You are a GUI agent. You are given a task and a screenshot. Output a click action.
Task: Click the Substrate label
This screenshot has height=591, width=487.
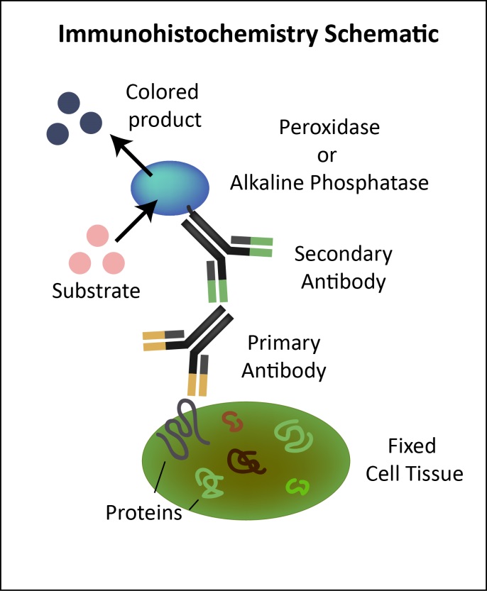pyautogui.click(x=96, y=290)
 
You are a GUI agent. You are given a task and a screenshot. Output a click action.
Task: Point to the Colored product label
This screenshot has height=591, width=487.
pyautogui.click(x=162, y=105)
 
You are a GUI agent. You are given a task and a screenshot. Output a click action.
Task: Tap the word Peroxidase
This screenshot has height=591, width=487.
pyautogui.click(x=329, y=130)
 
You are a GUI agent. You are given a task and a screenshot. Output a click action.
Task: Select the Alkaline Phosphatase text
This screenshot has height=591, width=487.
pyautogui.click(x=329, y=182)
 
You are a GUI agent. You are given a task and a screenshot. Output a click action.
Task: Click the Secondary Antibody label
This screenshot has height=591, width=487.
pyautogui.click(x=344, y=267)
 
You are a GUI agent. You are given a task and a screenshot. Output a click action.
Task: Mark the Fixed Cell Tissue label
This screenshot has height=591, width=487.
pyautogui.click(x=415, y=460)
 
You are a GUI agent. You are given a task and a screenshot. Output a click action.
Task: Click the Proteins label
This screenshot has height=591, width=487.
pyautogui.click(x=144, y=512)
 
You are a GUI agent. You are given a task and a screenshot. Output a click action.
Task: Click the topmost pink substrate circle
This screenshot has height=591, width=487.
pyautogui.click(x=97, y=235)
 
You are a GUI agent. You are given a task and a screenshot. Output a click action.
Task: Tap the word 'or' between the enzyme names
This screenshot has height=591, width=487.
pyautogui.click(x=329, y=155)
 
